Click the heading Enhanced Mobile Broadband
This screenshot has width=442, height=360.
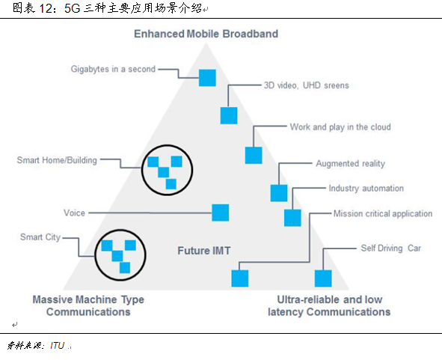pyautogui.click(x=206, y=34)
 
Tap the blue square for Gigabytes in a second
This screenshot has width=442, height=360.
pyautogui.click(x=206, y=77)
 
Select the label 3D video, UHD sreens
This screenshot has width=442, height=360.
pyautogui.click(x=306, y=85)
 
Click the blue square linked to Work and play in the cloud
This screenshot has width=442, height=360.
pyautogui.click(x=254, y=155)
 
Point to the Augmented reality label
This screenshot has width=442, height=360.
pyautogui.click(x=350, y=163)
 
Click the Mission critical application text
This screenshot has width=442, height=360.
pyautogui.click(x=382, y=213)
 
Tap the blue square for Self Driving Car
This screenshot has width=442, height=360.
pyautogui.click(x=322, y=278)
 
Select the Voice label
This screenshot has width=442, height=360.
pyautogui.click(x=74, y=213)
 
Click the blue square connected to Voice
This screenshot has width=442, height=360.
pyautogui.click(x=220, y=213)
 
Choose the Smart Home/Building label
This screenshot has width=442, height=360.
pyautogui.click(x=57, y=159)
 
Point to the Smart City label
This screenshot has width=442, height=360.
pyautogui.click(x=41, y=237)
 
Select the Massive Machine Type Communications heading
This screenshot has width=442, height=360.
pyautogui.click(x=88, y=305)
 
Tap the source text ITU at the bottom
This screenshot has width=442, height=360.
pyautogui.click(x=57, y=345)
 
